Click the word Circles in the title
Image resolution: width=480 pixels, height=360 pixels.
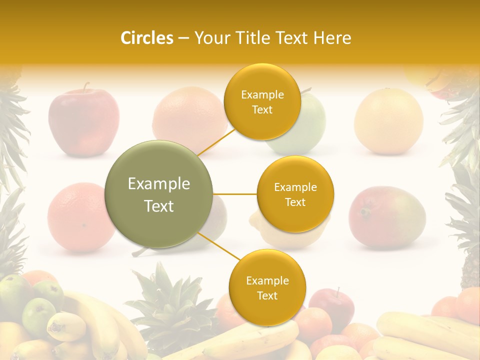click(146, 38)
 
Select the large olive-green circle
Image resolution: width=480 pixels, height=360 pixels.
click(159, 194)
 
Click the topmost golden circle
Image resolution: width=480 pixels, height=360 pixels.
click(262, 102)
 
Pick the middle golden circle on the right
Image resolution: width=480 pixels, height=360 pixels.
click(295, 194)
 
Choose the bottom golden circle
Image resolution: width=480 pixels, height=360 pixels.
click(267, 288)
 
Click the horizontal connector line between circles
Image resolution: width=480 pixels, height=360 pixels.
click(235, 194)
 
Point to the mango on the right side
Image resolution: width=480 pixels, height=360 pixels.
click(386, 216)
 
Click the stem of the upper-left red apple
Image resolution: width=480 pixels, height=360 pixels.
click(86, 87)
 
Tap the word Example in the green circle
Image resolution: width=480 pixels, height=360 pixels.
click(159, 184)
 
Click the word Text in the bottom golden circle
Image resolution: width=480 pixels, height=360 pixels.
click(267, 295)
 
